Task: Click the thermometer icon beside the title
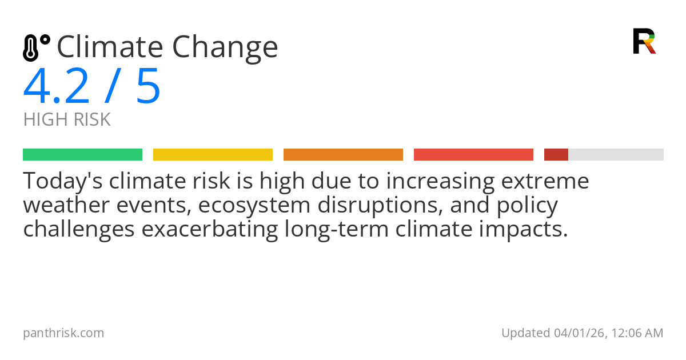pyautogui.click(x=35, y=48)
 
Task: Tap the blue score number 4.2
pyautogui.click(x=57, y=87)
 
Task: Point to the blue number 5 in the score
pyautogui.click(x=148, y=87)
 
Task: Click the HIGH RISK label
pyautogui.click(x=67, y=120)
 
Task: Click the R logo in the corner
pyautogui.click(x=644, y=41)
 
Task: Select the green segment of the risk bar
pyautogui.click(x=82, y=155)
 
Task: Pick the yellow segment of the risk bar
pyautogui.click(x=213, y=155)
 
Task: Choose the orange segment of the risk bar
pyautogui.click(x=343, y=155)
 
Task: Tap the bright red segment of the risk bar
pyautogui.click(x=473, y=155)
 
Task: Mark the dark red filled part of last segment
pyautogui.click(x=556, y=155)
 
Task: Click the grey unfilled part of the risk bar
pyautogui.click(x=616, y=155)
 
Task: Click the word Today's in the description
pyautogui.click(x=63, y=182)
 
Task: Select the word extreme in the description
pyautogui.click(x=545, y=182)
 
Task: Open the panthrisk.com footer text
pyautogui.click(x=63, y=333)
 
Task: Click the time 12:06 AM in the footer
pyautogui.click(x=635, y=333)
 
